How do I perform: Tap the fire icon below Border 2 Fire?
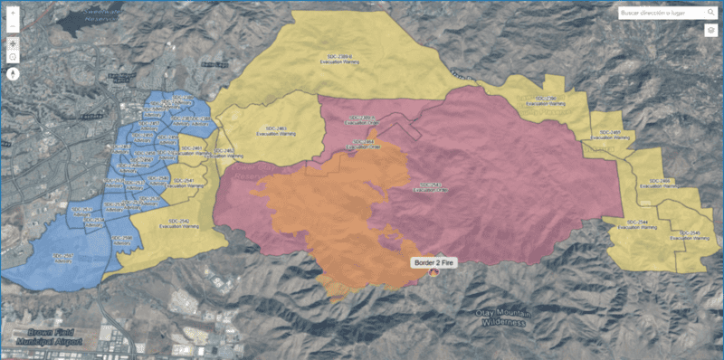(433, 271)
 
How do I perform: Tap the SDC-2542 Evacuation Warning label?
(178, 223)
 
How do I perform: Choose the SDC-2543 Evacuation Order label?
(431, 187)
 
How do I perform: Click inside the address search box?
(660, 14)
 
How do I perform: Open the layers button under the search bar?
(711, 31)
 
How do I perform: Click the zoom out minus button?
(13, 26)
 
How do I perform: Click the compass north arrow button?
(13, 74)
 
